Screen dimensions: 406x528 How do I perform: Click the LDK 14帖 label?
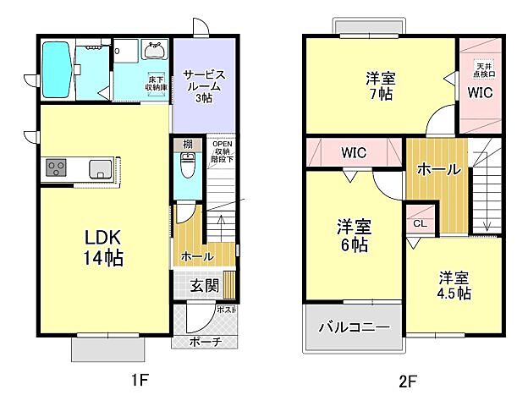tap(102, 248)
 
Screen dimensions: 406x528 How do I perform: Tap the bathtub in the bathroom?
tap(58, 69)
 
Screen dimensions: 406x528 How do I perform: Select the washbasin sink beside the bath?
tap(157, 51)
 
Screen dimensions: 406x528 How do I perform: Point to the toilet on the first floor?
tap(187, 167)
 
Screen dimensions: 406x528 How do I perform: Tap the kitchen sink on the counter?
tap(100, 167)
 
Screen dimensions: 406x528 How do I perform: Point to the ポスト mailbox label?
tap(227, 310)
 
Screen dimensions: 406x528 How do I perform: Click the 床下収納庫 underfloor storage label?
tap(154, 82)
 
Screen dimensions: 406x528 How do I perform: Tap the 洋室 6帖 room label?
tap(355, 236)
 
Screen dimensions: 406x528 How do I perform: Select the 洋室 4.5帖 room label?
tap(454, 285)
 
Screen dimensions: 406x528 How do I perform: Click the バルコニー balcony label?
tap(354, 328)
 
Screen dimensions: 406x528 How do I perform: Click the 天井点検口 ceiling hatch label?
tap(483, 69)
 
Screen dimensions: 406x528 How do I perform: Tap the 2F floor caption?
tap(408, 381)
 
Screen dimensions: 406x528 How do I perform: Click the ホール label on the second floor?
tap(437, 169)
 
